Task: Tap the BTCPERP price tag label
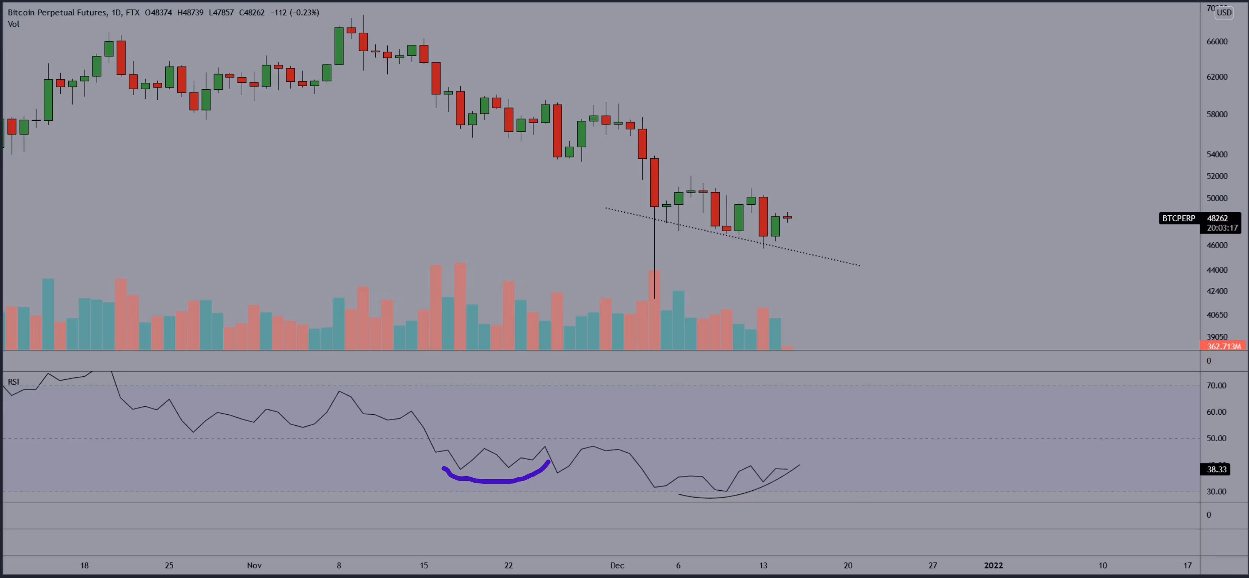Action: coord(1178,218)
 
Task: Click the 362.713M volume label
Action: coord(1223,346)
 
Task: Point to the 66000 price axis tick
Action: coord(1217,42)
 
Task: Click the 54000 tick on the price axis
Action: coord(1217,155)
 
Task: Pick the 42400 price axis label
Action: coord(1217,291)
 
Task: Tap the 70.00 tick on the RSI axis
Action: coord(1216,385)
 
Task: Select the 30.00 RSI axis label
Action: coord(1216,492)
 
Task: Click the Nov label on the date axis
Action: coord(254,565)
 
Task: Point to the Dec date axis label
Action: coord(617,565)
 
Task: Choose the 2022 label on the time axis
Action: coord(993,565)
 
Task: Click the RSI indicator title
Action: coord(14,382)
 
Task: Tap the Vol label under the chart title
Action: coord(14,24)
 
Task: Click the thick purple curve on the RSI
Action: coord(494,481)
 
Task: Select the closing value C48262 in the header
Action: coord(252,13)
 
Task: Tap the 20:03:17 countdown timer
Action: coord(1222,228)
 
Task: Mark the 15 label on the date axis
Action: coord(424,565)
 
